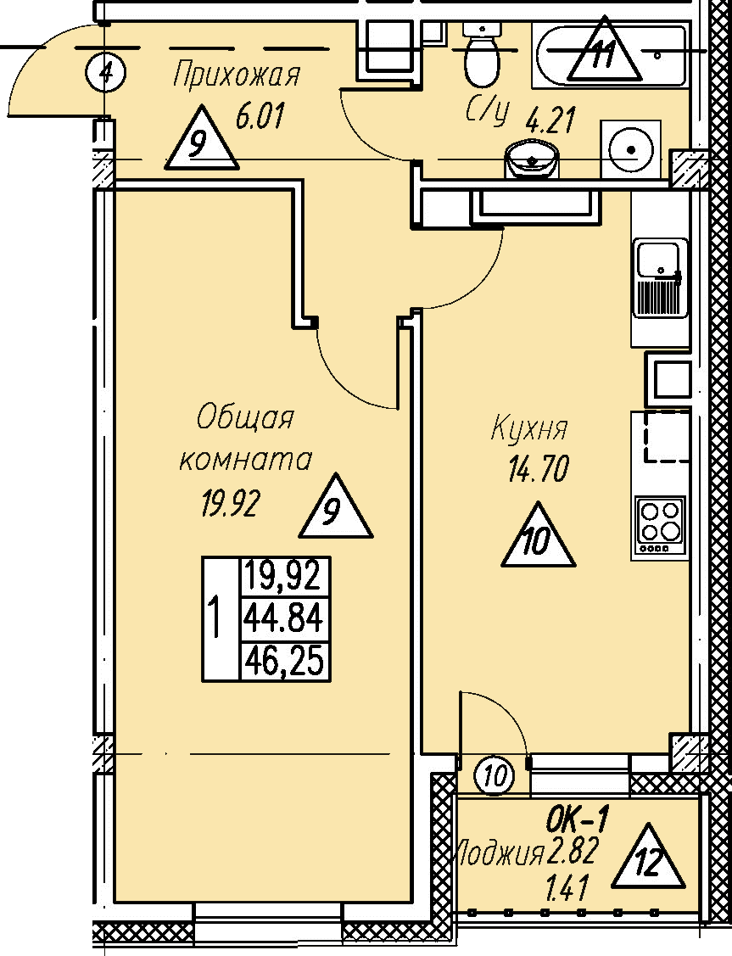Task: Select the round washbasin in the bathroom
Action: pyautogui.click(x=532, y=159)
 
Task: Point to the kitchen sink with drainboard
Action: pyautogui.click(x=661, y=278)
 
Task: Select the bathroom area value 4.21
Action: pyautogui.click(x=550, y=120)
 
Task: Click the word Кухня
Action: pyautogui.click(x=529, y=429)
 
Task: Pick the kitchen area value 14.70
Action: pyautogui.click(x=538, y=469)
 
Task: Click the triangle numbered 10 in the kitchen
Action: pyautogui.click(x=538, y=536)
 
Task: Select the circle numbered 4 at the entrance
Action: pyautogui.click(x=105, y=73)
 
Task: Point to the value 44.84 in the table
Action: pyautogui.click(x=283, y=619)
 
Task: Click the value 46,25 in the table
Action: pyautogui.click(x=283, y=662)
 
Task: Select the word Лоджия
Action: pyautogui.click(x=500, y=853)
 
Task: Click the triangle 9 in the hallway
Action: pyautogui.click(x=202, y=138)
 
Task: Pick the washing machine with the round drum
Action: pyautogui.click(x=630, y=148)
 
